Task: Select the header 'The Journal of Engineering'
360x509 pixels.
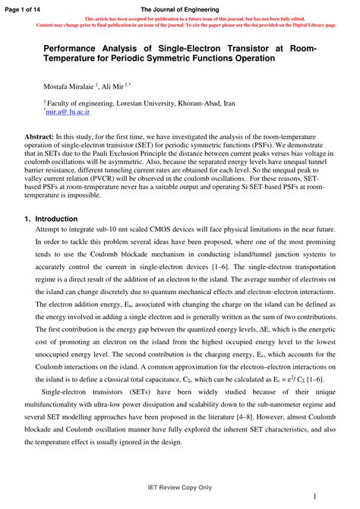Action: pos(179,7)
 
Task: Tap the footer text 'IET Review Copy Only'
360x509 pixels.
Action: pos(179,487)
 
